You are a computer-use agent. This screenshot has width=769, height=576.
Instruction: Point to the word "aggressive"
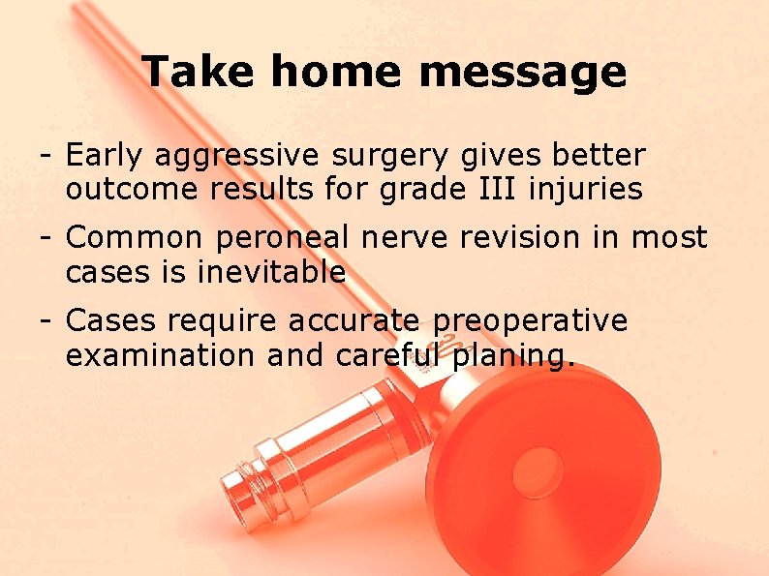237,156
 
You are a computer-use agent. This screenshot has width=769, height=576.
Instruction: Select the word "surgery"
390,156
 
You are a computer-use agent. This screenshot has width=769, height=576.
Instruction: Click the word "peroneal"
284,238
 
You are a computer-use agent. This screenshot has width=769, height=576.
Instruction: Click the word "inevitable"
271,272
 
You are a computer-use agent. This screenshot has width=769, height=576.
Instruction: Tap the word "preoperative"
531,321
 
